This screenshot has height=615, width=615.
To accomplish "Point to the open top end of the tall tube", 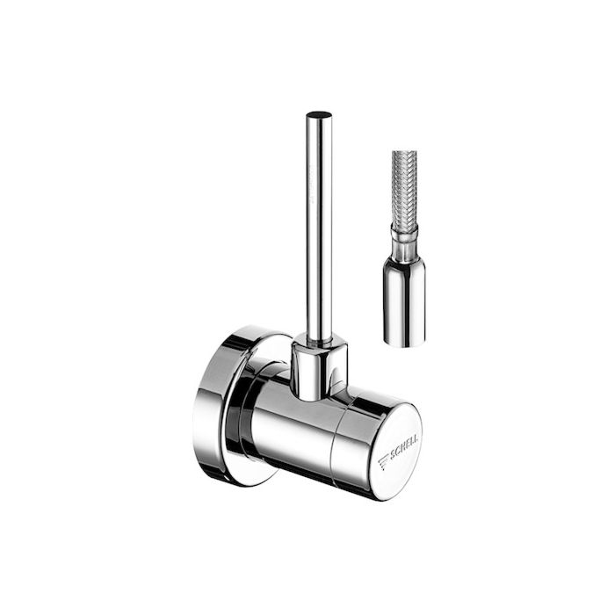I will point(319,115).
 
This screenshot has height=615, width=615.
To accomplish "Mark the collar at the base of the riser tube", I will point(318,369).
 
